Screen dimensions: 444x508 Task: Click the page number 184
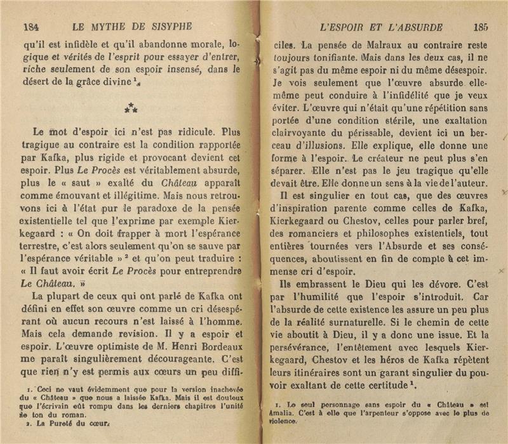coord(32,27)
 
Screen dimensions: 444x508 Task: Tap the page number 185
coord(479,27)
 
